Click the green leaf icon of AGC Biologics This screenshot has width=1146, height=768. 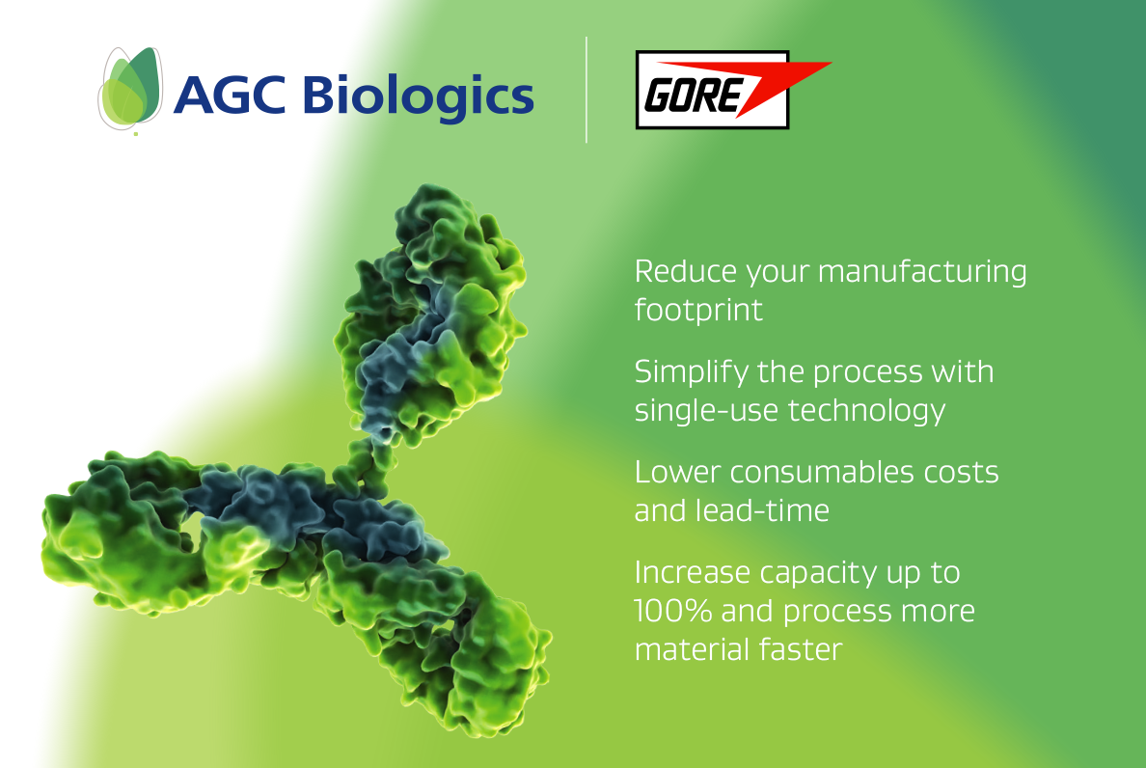(x=130, y=89)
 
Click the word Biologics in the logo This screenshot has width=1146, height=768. (x=418, y=97)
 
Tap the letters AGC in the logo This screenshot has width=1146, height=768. (x=230, y=95)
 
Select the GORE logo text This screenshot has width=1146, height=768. (x=692, y=95)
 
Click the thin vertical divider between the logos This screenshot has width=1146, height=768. (x=587, y=89)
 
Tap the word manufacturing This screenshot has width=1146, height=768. (x=922, y=273)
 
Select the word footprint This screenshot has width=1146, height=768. (x=698, y=311)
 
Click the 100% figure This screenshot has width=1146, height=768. (x=673, y=612)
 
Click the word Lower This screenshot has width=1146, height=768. (x=677, y=473)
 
